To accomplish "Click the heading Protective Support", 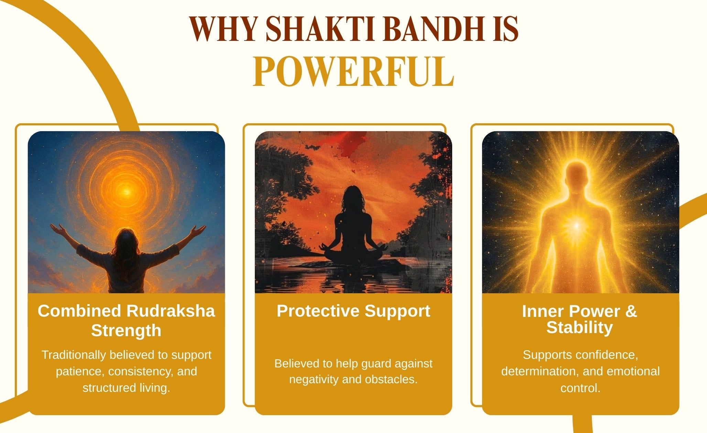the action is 353,311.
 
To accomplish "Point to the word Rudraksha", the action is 171,311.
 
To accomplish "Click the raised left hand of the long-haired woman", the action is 58,229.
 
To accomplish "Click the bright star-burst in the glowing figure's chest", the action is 577,225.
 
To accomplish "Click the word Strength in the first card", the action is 126,331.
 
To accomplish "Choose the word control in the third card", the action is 580,388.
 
